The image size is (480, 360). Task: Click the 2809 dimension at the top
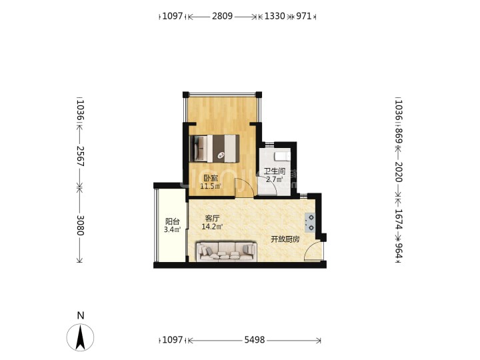point(222,16)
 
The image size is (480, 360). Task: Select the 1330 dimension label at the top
point(275,16)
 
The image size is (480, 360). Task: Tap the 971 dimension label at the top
point(304,16)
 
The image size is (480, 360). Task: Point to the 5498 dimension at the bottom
point(255,340)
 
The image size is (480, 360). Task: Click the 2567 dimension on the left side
point(80,156)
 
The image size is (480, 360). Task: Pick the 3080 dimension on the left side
point(80,225)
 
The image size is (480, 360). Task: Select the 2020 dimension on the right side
point(399,172)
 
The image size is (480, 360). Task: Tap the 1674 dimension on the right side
point(399,219)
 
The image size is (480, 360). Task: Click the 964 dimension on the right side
point(399,251)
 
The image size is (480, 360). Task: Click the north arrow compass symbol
point(80,337)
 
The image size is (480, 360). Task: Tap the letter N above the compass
point(81,315)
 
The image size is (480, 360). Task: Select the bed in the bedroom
point(214,149)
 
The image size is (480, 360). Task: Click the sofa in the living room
point(226,251)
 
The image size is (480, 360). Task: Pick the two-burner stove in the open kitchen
point(310,223)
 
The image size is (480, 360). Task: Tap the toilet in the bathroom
point(282,156)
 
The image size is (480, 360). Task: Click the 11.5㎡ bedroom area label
point(211,186)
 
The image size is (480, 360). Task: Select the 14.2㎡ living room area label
point(212,227)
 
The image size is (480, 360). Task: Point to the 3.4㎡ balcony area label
point(173,229)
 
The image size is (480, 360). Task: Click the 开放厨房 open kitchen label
point(285,239)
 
